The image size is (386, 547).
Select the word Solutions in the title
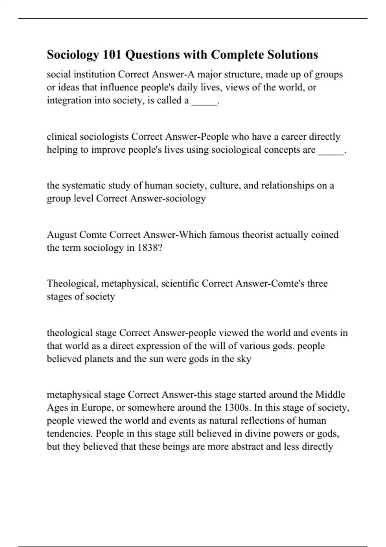click(292, 55)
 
